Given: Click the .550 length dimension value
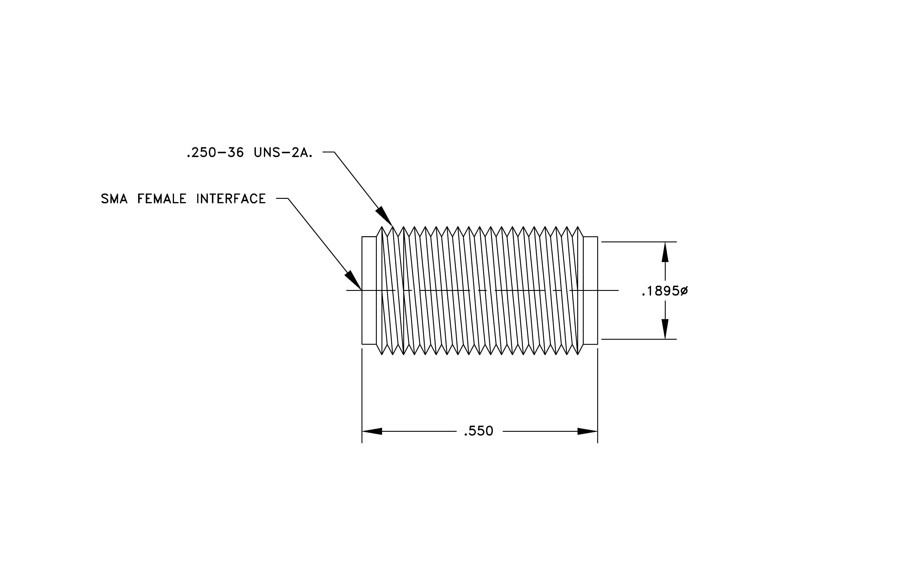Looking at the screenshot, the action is (478, 431).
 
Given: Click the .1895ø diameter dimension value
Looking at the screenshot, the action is (665, 291).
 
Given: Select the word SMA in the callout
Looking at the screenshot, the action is (114, 199).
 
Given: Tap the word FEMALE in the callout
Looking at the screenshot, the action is (162, 199).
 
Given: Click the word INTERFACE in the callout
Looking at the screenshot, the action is (231, 199).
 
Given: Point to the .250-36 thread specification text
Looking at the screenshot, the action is (215, 153).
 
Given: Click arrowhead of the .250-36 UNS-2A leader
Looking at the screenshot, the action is (385, 216).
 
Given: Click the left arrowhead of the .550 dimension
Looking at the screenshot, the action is (371, 431).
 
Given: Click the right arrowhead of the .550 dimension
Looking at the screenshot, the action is (587, 431).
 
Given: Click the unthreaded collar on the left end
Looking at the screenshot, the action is (369, 290).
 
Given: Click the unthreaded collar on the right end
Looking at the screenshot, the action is (590, 290).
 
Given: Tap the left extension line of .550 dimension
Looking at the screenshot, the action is (362, 396).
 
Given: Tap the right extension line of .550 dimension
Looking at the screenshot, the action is (598, 396).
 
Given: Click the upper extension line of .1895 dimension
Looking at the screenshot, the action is (639, 242).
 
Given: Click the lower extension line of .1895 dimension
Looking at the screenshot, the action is (639, 339).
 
